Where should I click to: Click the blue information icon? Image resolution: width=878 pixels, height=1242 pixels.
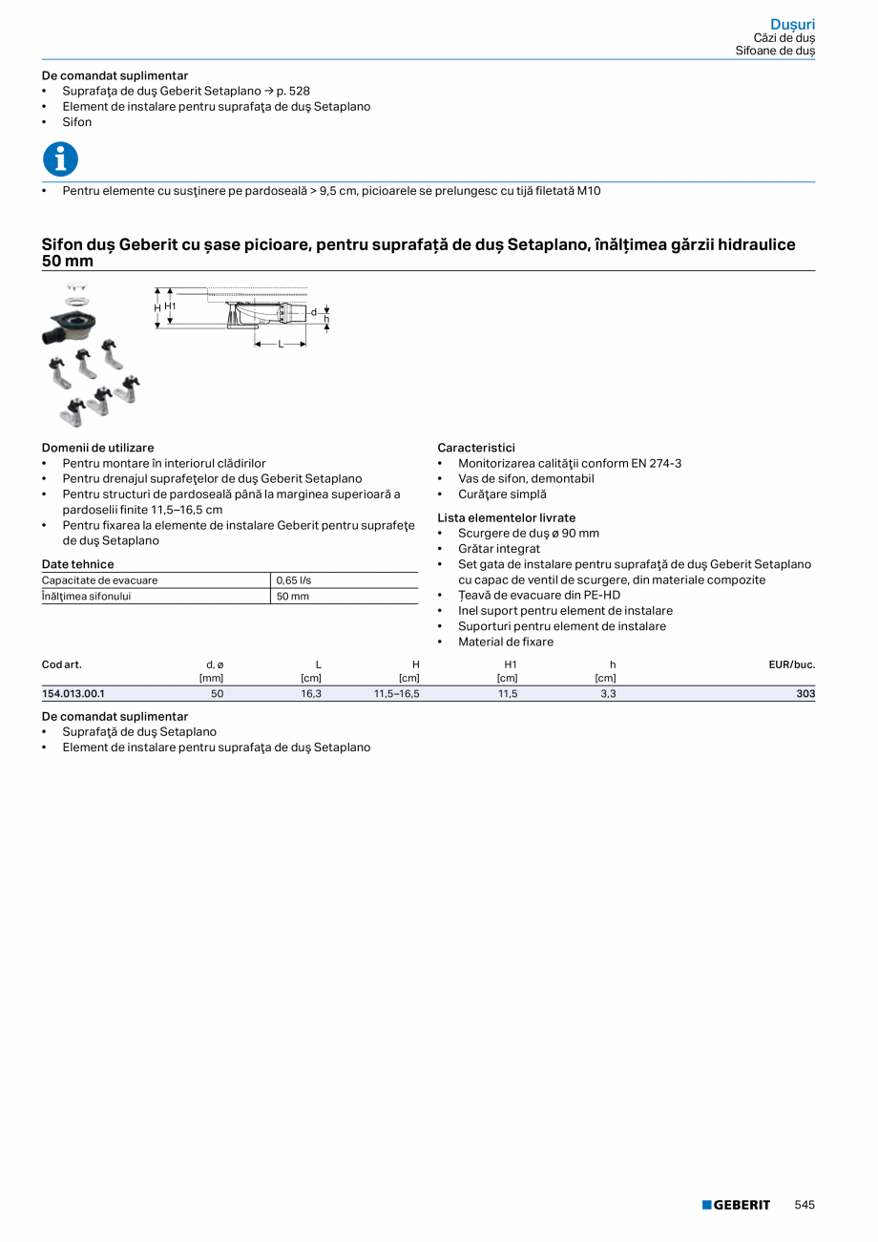(60, 158)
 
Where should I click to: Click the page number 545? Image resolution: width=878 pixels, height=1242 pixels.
(805, 1205)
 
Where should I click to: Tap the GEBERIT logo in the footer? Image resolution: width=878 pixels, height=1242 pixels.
(736, 1205)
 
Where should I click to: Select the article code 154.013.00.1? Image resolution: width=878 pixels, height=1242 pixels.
(73, 694)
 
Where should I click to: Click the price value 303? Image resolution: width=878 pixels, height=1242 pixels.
(805, 694)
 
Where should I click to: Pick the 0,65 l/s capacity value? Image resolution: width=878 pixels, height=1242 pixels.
(294, 580)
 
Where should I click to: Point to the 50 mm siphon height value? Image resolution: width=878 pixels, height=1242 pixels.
(293, 596)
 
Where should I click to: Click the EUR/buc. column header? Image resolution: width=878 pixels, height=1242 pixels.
(792, 664)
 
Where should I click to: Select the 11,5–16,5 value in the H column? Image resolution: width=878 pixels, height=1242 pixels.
(397, 694)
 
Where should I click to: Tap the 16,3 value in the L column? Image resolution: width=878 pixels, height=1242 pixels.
(311, 694)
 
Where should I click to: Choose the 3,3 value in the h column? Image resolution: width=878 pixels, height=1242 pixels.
(608, 694)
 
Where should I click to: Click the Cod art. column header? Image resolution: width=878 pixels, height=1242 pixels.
(62, 664)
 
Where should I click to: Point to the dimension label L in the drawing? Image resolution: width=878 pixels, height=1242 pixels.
(281, 344)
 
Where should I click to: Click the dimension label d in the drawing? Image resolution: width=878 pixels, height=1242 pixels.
(313, 312)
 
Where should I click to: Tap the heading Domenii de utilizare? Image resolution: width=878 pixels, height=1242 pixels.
(97, 448)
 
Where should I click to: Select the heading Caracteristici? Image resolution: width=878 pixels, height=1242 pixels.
(476, 448)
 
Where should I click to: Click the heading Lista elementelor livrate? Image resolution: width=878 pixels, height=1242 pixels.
(506, 517)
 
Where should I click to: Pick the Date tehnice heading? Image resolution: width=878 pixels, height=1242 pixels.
(77, 564)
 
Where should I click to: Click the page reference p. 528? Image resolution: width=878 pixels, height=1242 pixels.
(293, 91)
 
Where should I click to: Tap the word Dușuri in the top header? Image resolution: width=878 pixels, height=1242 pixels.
(793, 24)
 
